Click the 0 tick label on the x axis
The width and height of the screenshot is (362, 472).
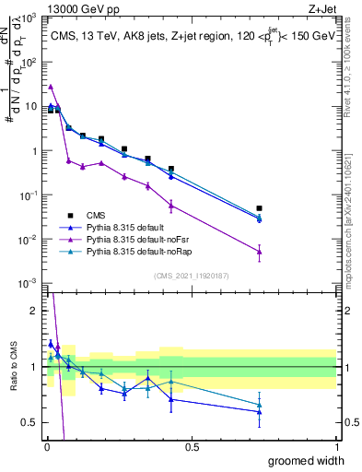[46, 447]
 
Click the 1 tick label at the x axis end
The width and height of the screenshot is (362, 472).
[335, 447]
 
